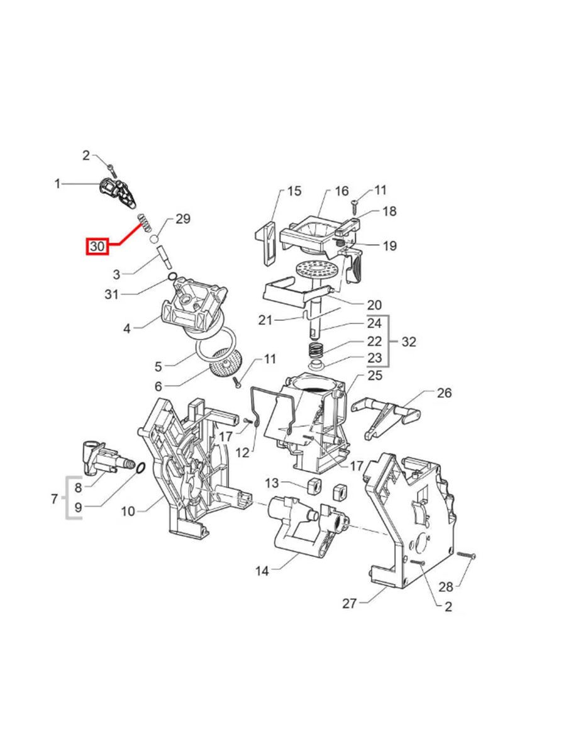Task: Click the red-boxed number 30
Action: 97,247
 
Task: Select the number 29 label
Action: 182,219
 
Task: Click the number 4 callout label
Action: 127,328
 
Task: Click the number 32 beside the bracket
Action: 409,342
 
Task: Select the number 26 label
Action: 445,393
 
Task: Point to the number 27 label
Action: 350,603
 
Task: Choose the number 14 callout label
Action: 262,571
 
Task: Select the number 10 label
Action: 128,511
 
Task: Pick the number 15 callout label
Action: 294,190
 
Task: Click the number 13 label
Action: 271,483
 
